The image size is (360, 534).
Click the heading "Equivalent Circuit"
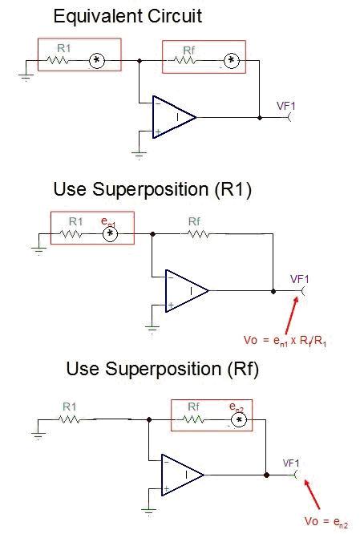[x=127, y=16]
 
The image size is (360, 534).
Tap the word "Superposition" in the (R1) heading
[x=150, y=189]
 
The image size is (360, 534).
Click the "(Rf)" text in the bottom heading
[x=243, y=369]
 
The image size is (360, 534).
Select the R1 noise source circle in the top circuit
[x=97, y=61]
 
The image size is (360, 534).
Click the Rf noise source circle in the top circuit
[x=232, y=61]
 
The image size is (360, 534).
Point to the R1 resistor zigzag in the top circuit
[x=58, y=61]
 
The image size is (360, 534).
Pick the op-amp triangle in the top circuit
[x=174, y=117]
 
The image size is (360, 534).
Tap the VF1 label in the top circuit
[x=286, y=107]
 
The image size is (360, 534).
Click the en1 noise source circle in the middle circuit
[x=110, y=234]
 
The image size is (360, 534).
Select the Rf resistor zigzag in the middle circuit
[x=199, y=234]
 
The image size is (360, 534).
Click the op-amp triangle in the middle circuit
[x=187, y=291]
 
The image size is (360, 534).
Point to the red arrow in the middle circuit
[x=292, y=315]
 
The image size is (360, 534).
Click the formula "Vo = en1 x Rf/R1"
[x=285, y=341]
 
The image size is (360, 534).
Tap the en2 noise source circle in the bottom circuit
[x=239, y=420]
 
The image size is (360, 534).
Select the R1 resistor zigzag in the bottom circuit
[x=69, y=419]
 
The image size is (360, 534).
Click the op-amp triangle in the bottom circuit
[x=183, y=475]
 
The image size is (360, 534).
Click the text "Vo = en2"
[x=326, y=522]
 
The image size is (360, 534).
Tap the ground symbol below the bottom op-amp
[x=148, y=512]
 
